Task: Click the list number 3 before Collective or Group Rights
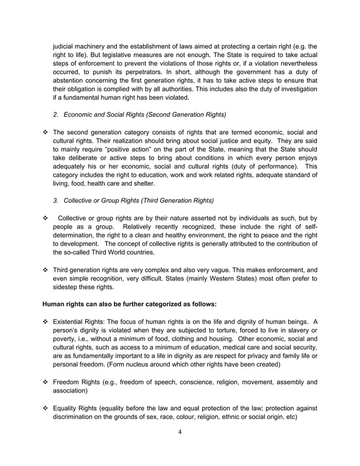[x=56, y=200]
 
